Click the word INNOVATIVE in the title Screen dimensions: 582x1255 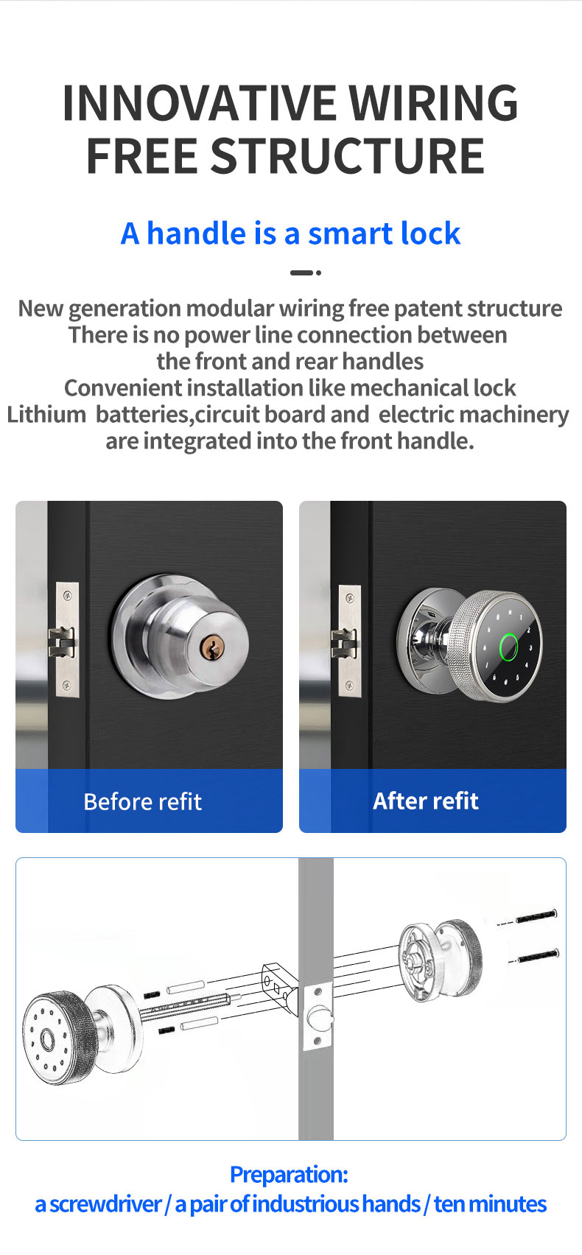200,102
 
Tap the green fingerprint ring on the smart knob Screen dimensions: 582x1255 508,647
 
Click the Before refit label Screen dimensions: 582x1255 142,802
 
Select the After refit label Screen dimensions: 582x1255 426,801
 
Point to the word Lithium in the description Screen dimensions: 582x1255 46,415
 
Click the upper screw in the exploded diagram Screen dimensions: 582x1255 536,917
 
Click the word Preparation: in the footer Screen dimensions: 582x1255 290,1175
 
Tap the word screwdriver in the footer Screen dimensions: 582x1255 105,1204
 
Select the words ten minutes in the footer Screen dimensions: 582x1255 490,1204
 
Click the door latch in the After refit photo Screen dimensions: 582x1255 344,644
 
